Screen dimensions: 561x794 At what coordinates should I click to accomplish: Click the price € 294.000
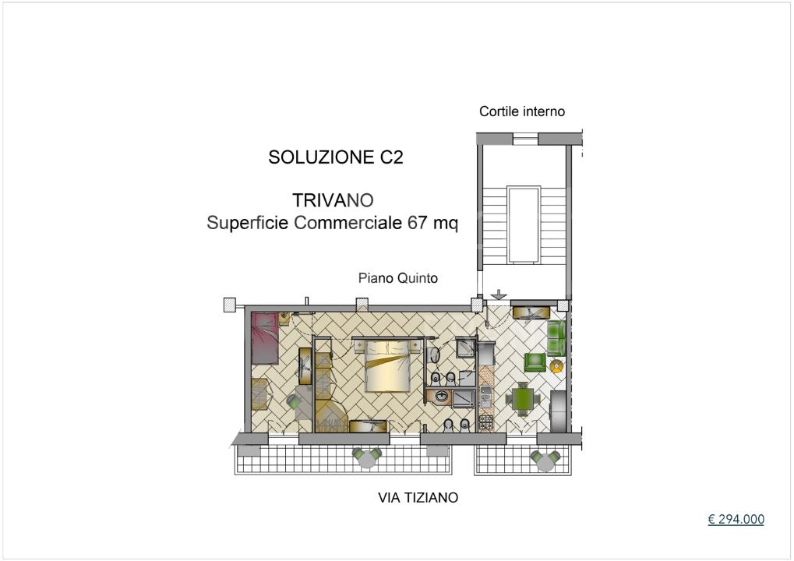[x=736, y=520]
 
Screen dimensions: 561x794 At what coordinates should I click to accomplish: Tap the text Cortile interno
[x=521, y=111]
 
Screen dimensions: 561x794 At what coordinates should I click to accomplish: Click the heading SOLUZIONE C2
[x=336, y=157]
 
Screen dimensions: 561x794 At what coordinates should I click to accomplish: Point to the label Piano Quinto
[x=398, y=278]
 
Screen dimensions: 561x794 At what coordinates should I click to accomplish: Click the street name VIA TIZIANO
[x=418, y=497]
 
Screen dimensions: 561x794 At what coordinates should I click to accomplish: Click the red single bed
[x=265, y=337]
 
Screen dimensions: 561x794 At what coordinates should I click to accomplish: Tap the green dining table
[x=521, y=400]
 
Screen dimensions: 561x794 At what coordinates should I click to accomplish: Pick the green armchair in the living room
[x=535, y=362]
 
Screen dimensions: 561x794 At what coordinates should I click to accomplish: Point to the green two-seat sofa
[x=555, y=337]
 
